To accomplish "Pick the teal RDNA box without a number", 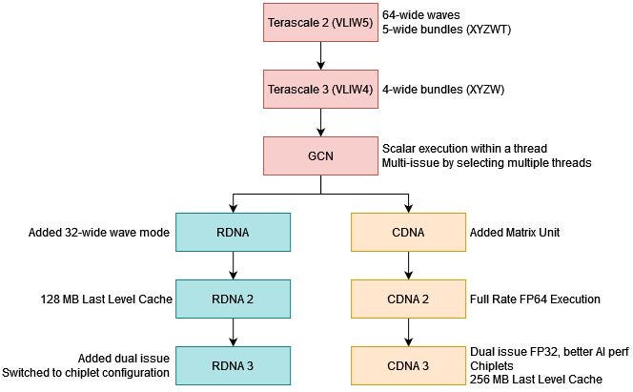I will pyautogui.click(x=233, y=231).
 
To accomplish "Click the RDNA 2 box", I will pyautogui.click(x=233, y=299).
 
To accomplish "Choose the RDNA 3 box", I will pyautogui.click(x=233, y=365).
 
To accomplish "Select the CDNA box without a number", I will pyautogui.click(x=409, y=231).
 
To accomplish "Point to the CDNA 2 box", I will pyautogui.click(x=409, y=299).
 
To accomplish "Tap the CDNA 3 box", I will pyautogui.click(x=409, y=365).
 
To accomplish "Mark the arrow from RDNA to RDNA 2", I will pyautogui.click(x=233, y=265).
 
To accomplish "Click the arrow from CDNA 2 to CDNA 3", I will pyautogui.click(x=409, y=332).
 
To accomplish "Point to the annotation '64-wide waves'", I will pyautogui.click(x=416, y=16).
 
